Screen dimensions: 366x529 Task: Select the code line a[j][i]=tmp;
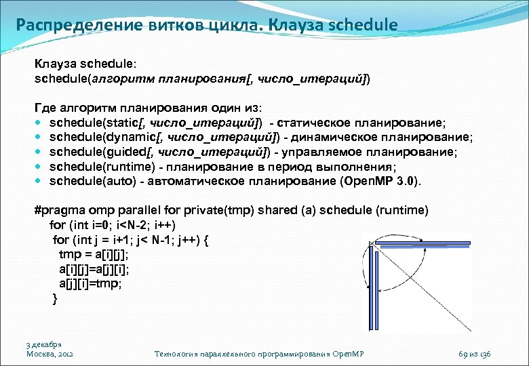point(90,284)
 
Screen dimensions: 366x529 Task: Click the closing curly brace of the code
point(55,298)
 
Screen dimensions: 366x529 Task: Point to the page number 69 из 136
point(478,354)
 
